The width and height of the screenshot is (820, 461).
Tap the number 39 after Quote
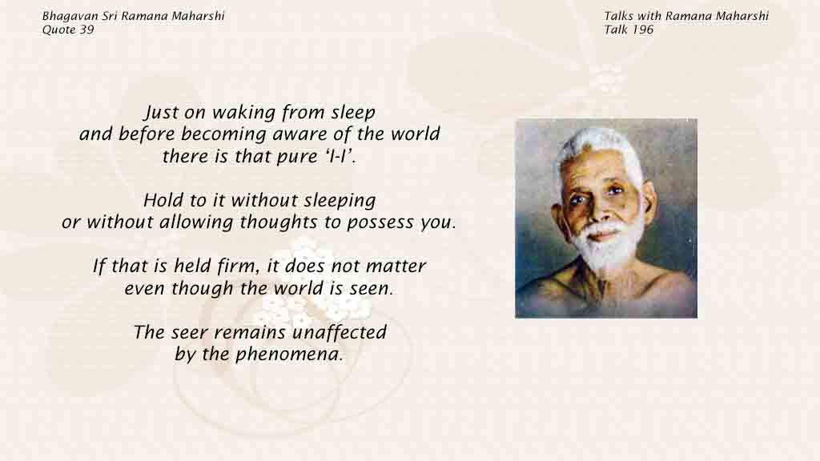click(86, 30)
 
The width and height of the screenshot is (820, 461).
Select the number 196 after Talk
click(642, 30)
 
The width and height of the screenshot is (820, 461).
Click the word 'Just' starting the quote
click(158, 113)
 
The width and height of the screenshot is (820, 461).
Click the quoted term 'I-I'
click(336, 156)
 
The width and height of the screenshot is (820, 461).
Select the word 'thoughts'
click(279, 222)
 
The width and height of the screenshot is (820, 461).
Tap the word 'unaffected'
click(340, 332)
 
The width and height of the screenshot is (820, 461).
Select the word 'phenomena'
click(288, 355)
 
